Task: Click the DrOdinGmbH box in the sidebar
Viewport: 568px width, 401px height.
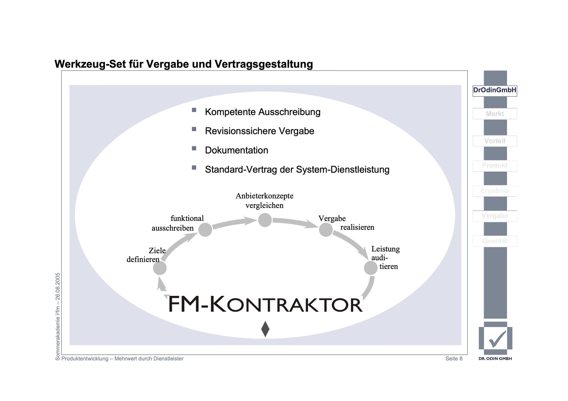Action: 495,90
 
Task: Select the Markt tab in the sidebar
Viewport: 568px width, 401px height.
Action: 495,114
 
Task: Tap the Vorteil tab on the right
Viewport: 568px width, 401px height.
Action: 495,141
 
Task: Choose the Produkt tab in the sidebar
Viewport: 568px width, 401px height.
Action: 495,166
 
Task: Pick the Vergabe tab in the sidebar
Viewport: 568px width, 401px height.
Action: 495,216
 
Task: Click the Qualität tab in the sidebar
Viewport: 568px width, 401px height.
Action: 495,241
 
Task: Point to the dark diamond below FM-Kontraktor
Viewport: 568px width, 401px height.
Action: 265,329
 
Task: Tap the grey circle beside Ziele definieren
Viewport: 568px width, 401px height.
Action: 160,268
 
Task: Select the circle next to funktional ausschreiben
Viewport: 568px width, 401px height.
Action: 205,230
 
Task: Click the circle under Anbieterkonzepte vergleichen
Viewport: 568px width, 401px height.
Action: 265,220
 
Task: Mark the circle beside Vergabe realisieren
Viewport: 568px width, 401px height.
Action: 326,230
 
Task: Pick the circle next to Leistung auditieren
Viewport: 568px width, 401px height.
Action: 370,268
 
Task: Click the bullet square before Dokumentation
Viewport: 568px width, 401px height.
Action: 194,148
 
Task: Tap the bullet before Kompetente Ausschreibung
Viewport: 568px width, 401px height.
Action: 194,110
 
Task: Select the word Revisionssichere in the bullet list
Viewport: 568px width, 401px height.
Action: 236,131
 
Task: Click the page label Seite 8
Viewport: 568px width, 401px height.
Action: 454,359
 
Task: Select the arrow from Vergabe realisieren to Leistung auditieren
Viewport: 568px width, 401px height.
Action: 351,243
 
